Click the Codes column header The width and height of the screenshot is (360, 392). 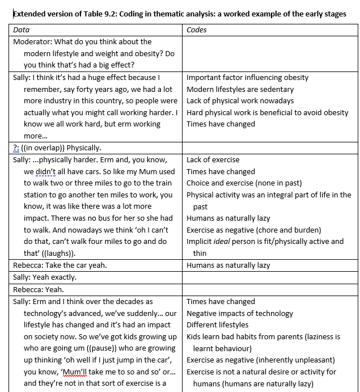coord(197,29)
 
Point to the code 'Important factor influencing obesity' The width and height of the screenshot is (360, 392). coord(247,77)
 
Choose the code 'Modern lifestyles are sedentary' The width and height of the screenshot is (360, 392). coord(240,89)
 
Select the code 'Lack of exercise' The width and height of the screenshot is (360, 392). coord(213,160)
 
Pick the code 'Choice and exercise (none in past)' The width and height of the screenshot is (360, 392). coord(244,183)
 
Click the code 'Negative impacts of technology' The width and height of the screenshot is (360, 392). coord(240,313)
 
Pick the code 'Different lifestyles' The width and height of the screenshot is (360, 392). coord(217,324)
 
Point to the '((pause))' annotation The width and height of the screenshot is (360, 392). coord(98,348)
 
